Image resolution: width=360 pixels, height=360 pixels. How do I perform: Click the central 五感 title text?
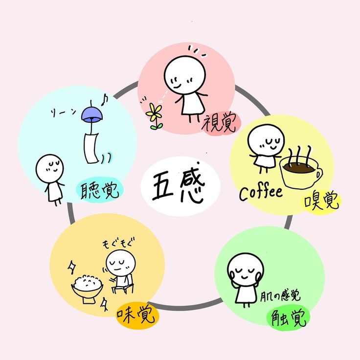click(179, 187)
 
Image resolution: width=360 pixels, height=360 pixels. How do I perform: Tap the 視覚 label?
click(219, 124)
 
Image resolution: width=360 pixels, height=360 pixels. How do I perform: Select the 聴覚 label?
click(99, 190)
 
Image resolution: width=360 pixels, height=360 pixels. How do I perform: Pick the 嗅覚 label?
click(321, 201)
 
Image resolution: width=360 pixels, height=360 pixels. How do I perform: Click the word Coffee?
click(261, 193)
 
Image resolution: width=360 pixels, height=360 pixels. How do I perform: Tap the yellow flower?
click(154, 116)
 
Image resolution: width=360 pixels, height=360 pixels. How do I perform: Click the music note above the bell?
click(105, 100)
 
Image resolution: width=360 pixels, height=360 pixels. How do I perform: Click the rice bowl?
click(87, 289)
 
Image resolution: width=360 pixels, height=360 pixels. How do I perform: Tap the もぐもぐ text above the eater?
click(118, 244)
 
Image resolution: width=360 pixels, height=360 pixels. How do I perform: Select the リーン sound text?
click(63, 112)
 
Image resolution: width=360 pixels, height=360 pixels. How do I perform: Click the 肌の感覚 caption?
click(280, 296)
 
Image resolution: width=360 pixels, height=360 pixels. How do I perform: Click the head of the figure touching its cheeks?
click(246, 270)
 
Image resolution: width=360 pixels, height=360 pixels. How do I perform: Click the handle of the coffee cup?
click(318, 174)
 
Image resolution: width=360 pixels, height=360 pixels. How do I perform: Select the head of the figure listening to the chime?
click(49, 168)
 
